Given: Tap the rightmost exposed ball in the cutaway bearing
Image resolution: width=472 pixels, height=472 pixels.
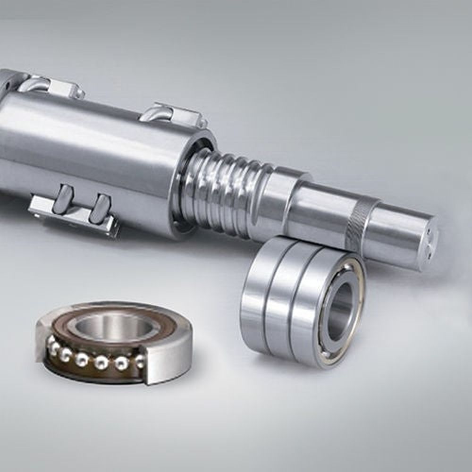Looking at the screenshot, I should (140, 362).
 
